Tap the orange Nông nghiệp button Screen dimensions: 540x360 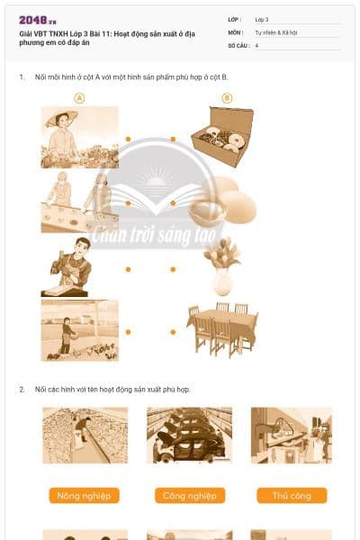[x=84, y=496]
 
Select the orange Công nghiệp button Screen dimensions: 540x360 [x=188, y=496]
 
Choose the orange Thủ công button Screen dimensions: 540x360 [x=291, y=496]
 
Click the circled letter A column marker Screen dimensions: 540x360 [x=79, y=99]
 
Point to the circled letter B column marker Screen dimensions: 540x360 [x=226, y=99]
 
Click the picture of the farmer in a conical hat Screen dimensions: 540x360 [x=79, y=137]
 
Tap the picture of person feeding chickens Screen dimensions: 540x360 [x=79, y=330]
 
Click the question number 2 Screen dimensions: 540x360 [x=22, y=390]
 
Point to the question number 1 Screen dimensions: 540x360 [x=22, y=78]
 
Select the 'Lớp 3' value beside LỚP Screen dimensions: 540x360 [x=262, y=19]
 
